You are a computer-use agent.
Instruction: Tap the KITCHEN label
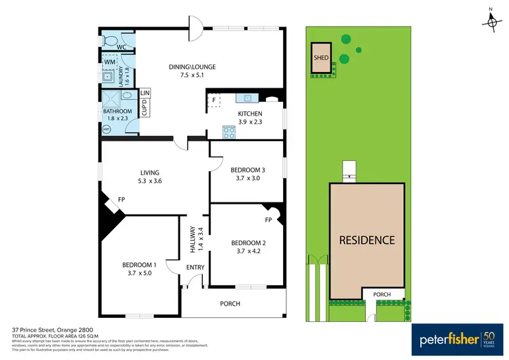tap(250, 113)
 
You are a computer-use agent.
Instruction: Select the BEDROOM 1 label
tap(139, 264)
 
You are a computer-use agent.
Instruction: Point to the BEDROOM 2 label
tap(248, 242)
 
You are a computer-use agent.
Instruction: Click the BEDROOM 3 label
tap(247, 169)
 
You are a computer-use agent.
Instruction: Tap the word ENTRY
tap(195, 268)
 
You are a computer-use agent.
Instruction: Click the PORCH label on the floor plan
tap(230, 304)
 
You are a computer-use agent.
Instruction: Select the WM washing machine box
tap(109, 62)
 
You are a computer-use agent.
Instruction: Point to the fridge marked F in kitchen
tap(214, 101)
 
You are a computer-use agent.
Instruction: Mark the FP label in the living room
tap(121, 200)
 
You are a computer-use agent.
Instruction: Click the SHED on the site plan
tap(321, 58)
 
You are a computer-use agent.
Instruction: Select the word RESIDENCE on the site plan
tap(367, 240)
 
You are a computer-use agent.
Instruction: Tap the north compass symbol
tap(491, 22)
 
